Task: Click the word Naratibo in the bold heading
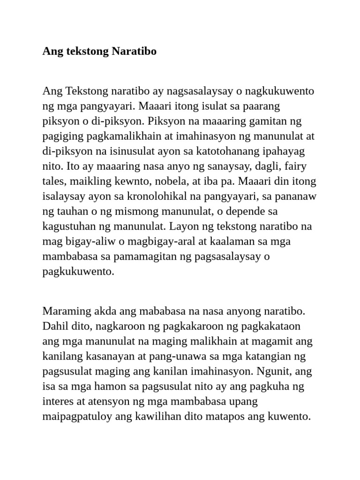click(x=134, y=51)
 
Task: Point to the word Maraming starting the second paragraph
click(x=63, y=311)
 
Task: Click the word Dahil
click(x=55, y=326)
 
